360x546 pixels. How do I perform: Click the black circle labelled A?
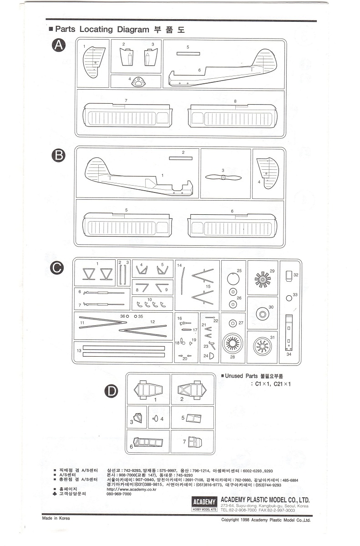coord(59,45)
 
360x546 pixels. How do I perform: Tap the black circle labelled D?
coord(112,390)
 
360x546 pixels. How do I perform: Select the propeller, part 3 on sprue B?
coord(223,177)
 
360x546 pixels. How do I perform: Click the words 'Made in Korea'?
coord(56,518)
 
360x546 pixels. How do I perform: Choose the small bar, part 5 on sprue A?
coord(188,53)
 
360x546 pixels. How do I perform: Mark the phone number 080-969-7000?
coord(119,494)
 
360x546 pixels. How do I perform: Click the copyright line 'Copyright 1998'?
coord(265,520)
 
